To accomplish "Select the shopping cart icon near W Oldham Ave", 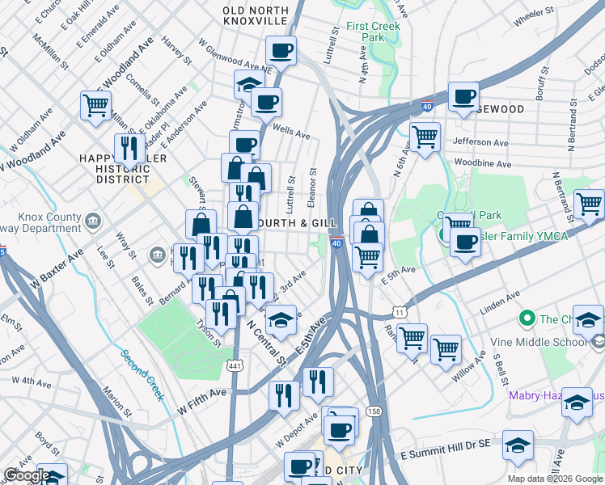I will pos(96,104).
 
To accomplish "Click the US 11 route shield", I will pos(399,311).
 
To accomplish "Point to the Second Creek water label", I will pos(142,373).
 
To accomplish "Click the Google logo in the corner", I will pos(27,474).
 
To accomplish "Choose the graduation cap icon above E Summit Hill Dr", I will pos(518,444).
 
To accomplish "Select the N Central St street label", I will pos(266,341).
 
